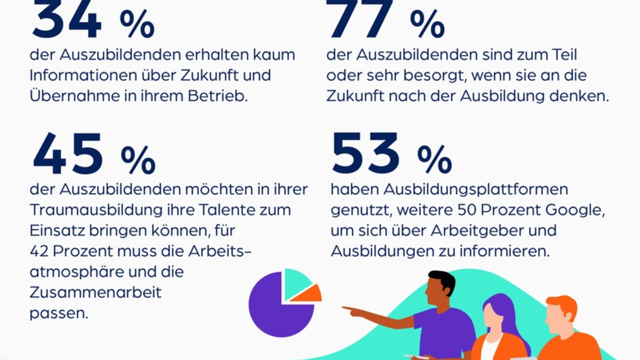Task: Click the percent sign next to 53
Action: pyautogui.click(x=434, y=160)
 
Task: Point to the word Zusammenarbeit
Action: pyautogui.click(x=95, y=293)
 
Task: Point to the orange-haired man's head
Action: pyautogui.click(x=560, y=315)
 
